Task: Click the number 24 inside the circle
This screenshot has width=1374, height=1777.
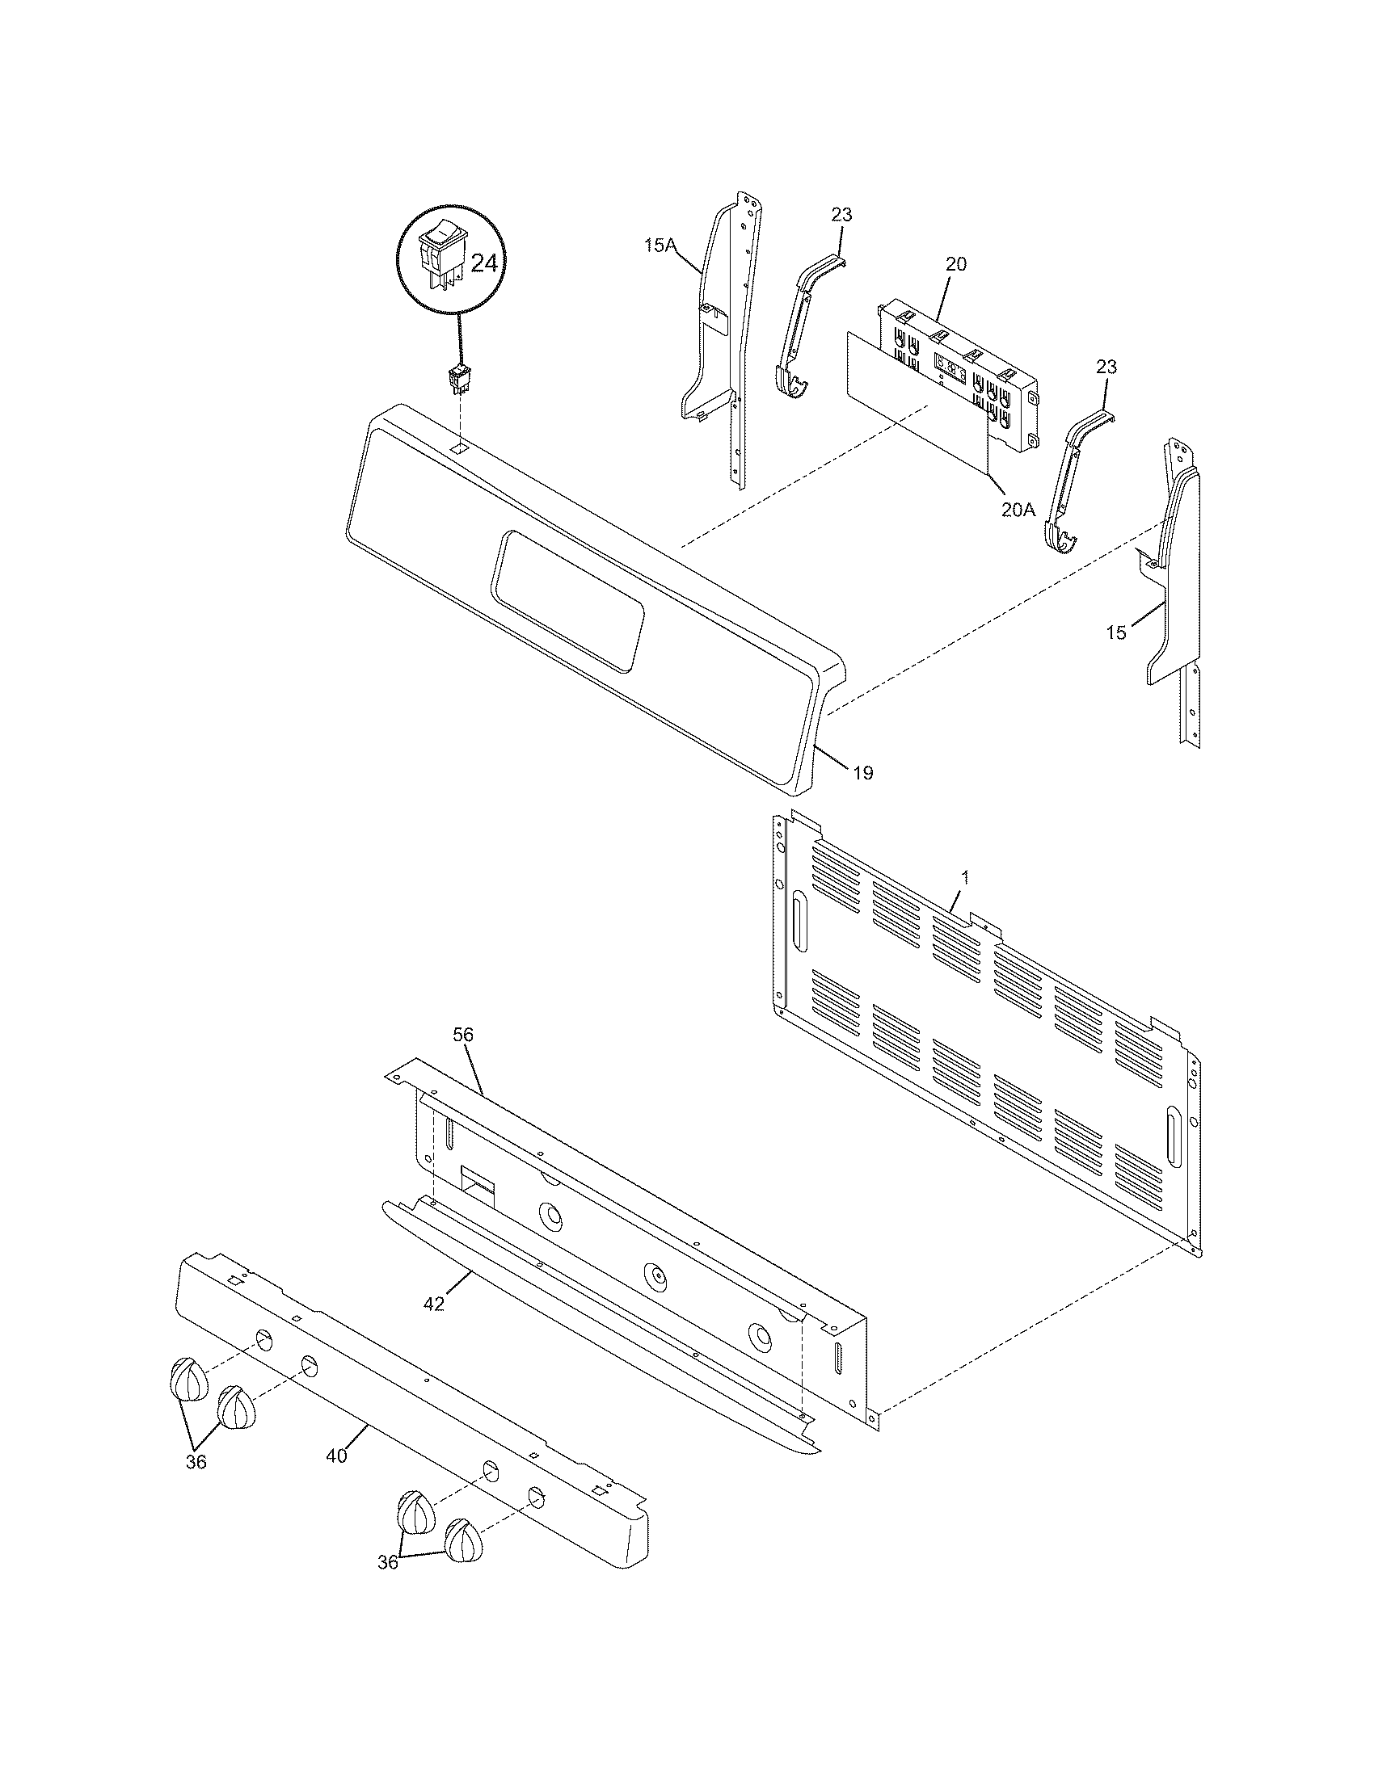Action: [x=483, y=263]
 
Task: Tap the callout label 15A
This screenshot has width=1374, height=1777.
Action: [x=660, y=244]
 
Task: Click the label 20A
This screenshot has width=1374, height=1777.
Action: [x=1018, y=510]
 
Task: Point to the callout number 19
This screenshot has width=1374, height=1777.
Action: [x=863, y=773]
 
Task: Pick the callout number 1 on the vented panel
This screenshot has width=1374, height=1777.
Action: [x=965, y=877]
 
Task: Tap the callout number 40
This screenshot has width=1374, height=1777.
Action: [x=336, y=1456]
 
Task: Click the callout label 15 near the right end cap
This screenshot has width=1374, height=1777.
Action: [x=1117, y=632]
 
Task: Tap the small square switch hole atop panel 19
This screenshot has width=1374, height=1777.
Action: [x=460, y=448]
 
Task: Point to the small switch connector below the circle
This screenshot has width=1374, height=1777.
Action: [x=458, y=380]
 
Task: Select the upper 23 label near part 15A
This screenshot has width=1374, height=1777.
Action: [x=841, y=215]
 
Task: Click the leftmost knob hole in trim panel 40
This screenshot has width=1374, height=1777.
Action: [x=263, y=1338]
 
